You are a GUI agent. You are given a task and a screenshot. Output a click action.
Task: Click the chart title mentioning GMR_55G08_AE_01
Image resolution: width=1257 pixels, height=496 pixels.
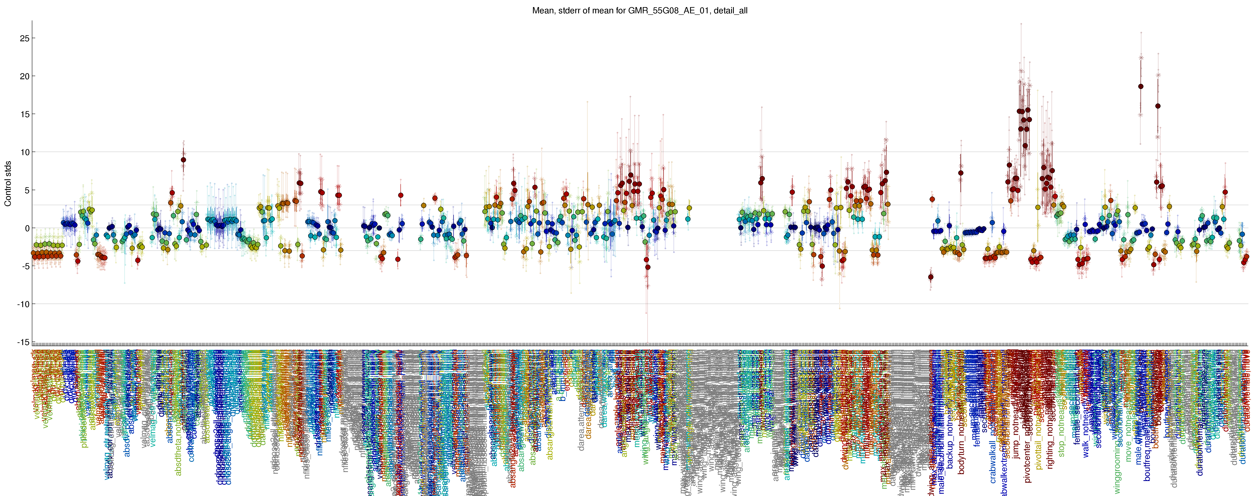(x=639, y=10)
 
